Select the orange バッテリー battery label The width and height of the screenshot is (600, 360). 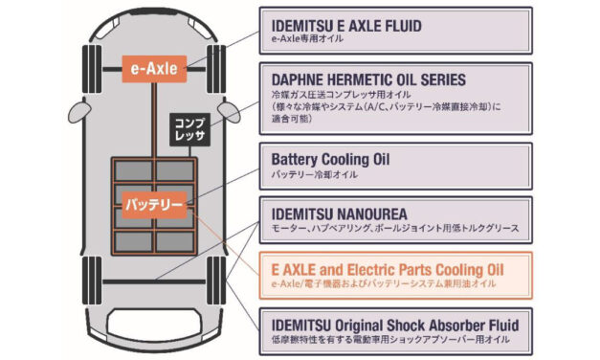click(x=153, y=204)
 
